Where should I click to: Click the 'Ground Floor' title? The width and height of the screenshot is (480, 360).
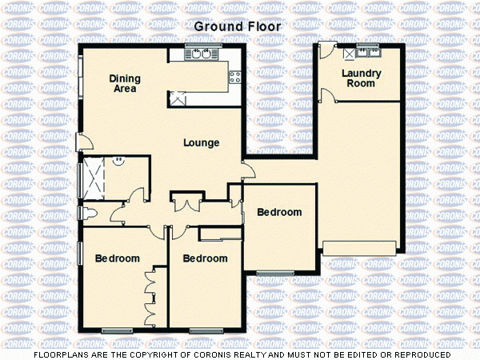click(238, 26)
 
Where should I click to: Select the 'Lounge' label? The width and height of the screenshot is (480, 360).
click(201, 143)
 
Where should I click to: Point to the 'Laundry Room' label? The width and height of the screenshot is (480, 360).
click(360, 78)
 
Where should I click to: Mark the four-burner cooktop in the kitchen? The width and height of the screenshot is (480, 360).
click(235, 78)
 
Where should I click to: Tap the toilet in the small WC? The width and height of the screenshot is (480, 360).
click(90, 213)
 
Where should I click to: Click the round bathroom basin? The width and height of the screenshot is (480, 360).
click(119, 160)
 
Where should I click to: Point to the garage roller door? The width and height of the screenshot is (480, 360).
click(359, 247)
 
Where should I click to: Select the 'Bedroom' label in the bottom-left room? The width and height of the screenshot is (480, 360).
click(118, 259)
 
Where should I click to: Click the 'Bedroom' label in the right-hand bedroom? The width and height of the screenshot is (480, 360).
click(279, 213)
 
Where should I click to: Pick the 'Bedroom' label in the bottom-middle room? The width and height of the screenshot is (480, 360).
click(205, 259)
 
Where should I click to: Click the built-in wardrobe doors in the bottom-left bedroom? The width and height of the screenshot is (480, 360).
click(150, 296)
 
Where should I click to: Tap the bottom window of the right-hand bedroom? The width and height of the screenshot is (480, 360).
click(275, 274)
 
